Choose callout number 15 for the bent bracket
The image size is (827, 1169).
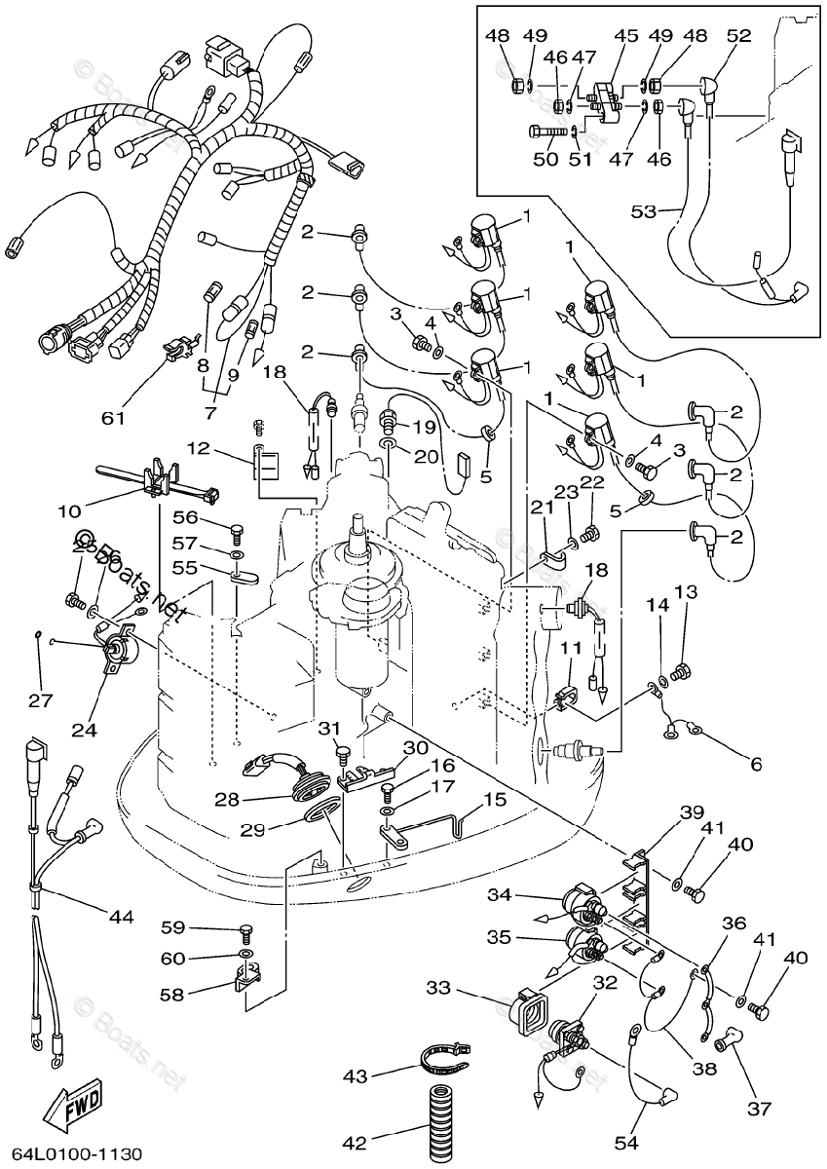495,799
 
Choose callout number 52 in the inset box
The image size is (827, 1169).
738,36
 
